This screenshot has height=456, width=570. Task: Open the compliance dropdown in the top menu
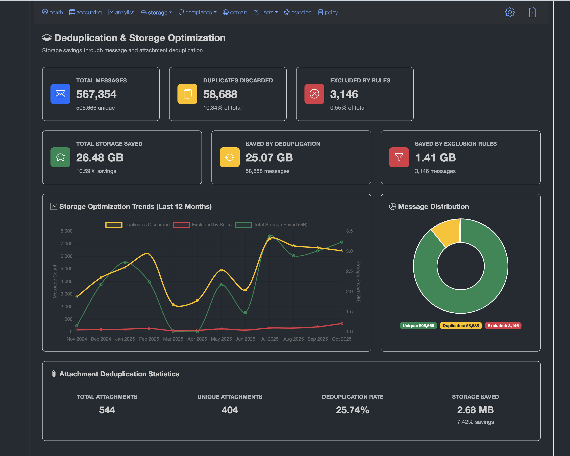[198, 13]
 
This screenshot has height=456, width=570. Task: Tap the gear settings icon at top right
[509, 13]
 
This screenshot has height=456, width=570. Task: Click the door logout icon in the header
[532, 13]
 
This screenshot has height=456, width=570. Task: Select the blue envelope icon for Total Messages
[60, 94]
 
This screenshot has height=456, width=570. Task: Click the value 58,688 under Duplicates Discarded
[220, 94]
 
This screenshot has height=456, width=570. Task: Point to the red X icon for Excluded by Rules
[314, 94]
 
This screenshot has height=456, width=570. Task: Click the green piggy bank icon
[60, 157]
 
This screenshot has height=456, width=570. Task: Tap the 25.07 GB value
[269, 158]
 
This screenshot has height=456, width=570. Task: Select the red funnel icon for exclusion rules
[399, 157]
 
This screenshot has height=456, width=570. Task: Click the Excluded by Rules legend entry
[203, 225]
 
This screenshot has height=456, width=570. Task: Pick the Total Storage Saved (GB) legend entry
[271, 225]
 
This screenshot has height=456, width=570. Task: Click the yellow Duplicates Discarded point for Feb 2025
[149, 254]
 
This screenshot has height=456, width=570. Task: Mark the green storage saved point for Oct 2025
[342, 242]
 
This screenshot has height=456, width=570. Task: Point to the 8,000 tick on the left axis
[66, 231]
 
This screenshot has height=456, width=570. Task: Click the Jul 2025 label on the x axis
[269, 339]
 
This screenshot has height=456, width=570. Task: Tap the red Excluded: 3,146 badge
[503, 326]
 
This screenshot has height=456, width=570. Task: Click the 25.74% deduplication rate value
[352, 410]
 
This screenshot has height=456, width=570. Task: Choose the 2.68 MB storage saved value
[475, 410]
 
